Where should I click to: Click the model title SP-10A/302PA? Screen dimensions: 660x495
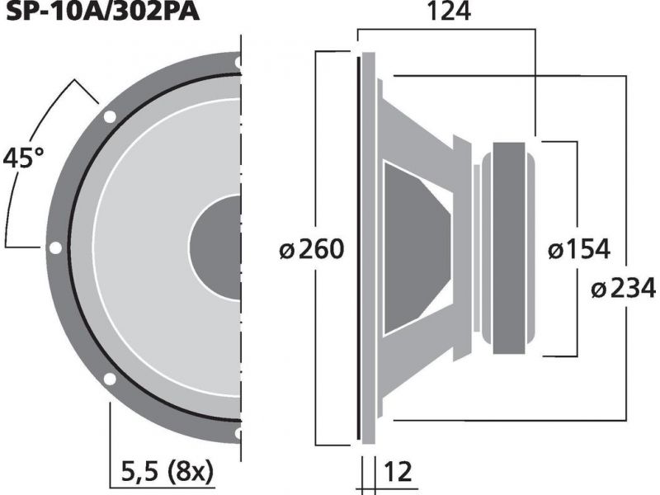pyautogui.click(x=102, y=12)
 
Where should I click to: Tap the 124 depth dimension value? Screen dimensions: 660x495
pyautogui.click(x=449, y=12)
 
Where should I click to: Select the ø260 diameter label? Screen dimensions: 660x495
pyautogui.click(x=312, y=249)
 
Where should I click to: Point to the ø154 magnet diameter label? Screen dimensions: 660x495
pyautogui.click(x=579, y=249)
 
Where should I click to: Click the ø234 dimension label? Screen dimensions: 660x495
pyautogui.click(x=624, y=288)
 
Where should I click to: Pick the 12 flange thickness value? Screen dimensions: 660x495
pyautogui.click(x=398, y=471)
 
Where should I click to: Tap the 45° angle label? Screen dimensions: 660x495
pyautogui.click(x=23, y=158)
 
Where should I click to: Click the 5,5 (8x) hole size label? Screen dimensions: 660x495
pyautogui.click(x=167, y=471)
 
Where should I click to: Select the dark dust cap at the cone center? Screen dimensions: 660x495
pyautogui.click(x=215, y=247)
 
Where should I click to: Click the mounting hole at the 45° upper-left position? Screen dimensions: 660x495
pyautogui.click(x=110, y=116)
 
